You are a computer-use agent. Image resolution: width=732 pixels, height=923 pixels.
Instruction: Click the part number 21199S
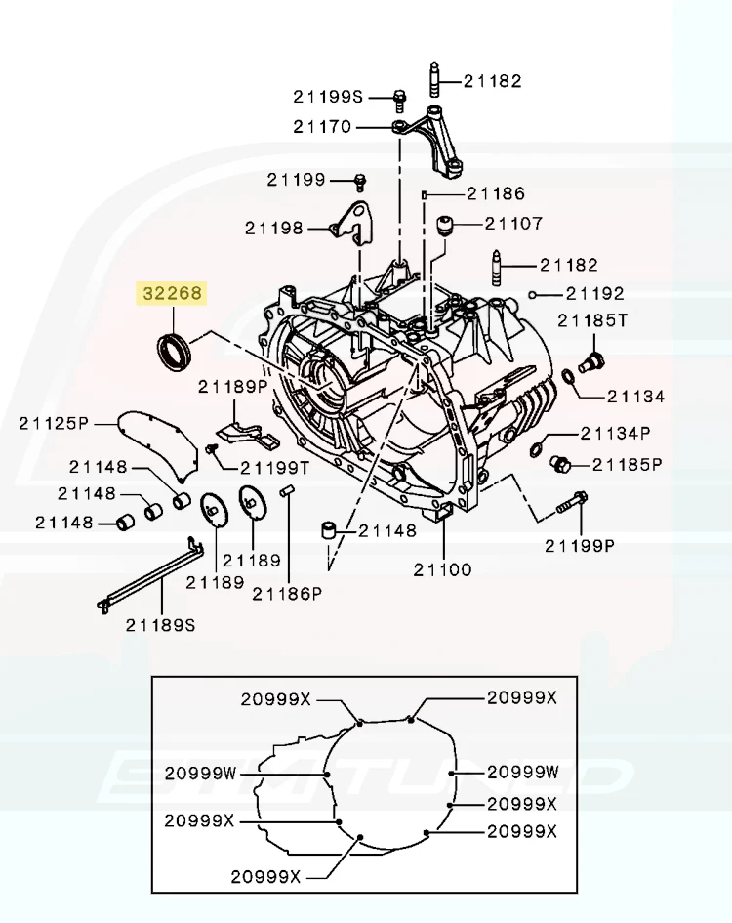coord(327,96)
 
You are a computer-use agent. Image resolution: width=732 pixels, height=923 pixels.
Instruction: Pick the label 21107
coord(512,224)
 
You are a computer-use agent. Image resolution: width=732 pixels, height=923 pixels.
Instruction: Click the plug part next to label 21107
coord(448,225)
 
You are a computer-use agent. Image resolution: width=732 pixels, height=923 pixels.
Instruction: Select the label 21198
coord(274,229)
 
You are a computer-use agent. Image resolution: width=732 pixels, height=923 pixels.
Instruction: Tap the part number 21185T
coord(593,319)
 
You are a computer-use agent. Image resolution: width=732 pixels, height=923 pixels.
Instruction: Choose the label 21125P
coord(54,422)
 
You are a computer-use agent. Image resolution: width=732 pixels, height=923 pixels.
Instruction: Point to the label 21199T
coord(274,468)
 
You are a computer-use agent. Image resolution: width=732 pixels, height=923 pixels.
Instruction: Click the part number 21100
coord(442,568)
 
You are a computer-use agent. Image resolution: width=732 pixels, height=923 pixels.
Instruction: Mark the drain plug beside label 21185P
coord(559,463)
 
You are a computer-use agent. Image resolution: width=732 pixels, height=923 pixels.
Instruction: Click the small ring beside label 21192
coord(533,293)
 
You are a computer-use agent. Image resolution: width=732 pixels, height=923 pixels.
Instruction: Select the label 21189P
coord(232,387)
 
